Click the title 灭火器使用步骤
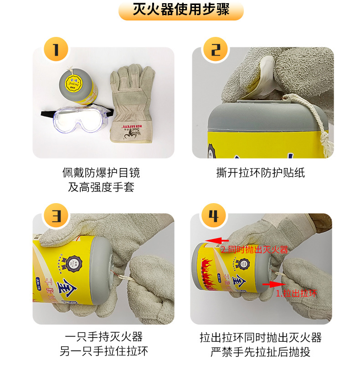[x=180, y=10]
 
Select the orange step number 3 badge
[x=56, y=215]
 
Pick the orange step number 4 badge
[x=213, y=215]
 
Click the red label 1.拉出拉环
[x=296, y=294]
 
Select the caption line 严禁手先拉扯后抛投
[x=260, y=352]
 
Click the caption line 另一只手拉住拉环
[x=104, y=352]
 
